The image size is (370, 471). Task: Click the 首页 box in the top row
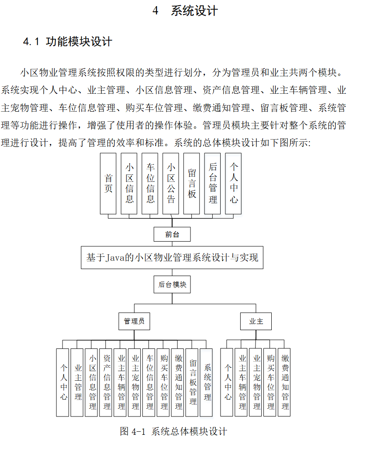[108, 183]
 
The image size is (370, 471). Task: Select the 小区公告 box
[171, 183]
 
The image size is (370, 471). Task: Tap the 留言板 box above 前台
[192, 183]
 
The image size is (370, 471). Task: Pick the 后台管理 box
[213, 183]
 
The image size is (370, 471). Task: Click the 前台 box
[172, 234]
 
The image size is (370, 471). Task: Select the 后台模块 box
[172, 284]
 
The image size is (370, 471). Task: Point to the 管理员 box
[134, 321]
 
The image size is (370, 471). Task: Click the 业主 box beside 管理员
[256, 321]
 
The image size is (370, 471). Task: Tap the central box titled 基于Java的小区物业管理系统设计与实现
[172, 258]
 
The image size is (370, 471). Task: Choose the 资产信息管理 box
[107, 382]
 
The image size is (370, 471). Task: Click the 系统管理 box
[207, 382]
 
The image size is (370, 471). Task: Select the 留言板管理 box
[193, 382]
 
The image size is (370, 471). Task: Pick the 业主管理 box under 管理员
[78, 382]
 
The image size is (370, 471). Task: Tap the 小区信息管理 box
[92, 382]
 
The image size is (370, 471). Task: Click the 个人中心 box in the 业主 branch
[227, 382]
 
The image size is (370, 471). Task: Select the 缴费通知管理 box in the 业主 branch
[285, 382]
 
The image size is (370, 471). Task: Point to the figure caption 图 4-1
[173, 432]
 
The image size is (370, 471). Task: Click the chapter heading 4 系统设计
[185, 11]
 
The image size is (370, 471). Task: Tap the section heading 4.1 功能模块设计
[68, 42]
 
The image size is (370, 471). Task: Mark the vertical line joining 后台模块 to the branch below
[172, 298]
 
